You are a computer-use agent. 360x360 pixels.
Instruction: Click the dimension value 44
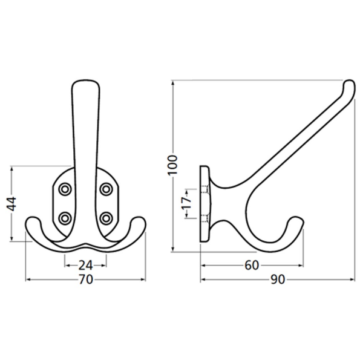tap(11, 205)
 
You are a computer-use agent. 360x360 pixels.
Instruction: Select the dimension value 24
tap(85, 264)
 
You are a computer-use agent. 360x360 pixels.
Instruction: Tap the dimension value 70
tap(85, 280)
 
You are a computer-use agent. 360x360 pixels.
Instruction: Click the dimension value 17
tap(187, 204)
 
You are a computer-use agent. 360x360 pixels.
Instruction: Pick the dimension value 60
tap(252, 264)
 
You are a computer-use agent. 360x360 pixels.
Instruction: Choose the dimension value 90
tap(278, 280)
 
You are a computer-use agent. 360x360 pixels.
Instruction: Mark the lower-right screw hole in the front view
tap(106, 217)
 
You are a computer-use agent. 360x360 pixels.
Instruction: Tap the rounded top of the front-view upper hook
tap(85, 82)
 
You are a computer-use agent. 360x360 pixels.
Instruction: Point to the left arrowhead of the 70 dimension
tap(27, 280)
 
